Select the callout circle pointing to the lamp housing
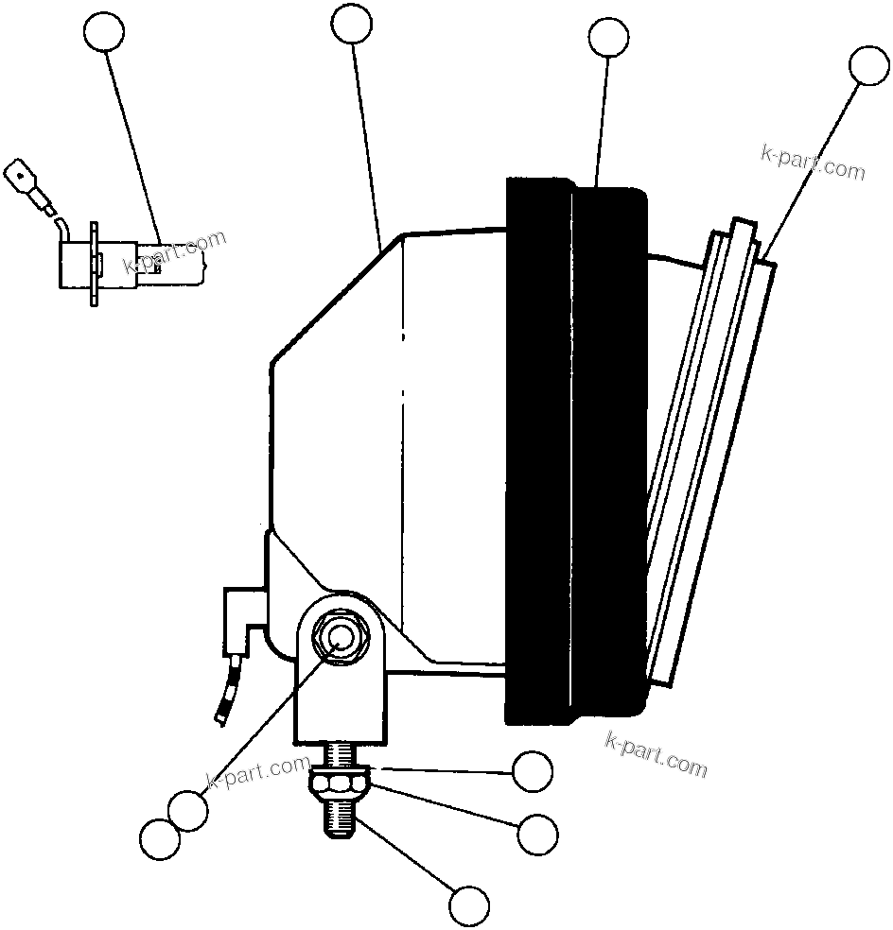[x=353, y=25]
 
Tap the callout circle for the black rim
[x=608, y=38]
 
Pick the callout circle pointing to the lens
[x=868, y=66]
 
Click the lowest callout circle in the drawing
[x=469, y=905]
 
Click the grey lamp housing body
[x=378, y=425]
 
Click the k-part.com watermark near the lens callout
[x=813, y=162]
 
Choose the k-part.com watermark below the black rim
[x=656, y=751]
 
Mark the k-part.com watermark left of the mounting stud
[x=257, y=774]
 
